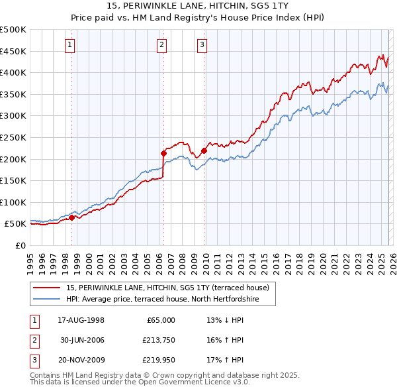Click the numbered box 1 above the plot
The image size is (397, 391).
[70, 45]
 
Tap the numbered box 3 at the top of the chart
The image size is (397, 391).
[202, 45]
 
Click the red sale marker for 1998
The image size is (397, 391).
[71, 217]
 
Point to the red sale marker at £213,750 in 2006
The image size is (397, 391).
[163, 153]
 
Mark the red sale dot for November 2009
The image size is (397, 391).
[204, 150]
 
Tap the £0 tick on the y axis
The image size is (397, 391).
[21, 245]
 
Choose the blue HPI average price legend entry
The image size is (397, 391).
[162, 300]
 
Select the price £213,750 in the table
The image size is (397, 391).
[158, 340]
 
